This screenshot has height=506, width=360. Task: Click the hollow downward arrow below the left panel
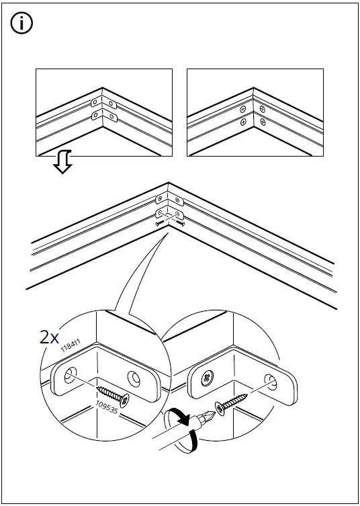pyautogui.click(x=63, y=162)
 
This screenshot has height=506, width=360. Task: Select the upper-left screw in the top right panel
pyautogui.click(x=243, y=108)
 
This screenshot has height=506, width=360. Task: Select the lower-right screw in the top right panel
pyautogui.click(x=263, y=122)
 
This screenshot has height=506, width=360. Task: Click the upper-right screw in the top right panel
pyautogui.click(x=263, y=108)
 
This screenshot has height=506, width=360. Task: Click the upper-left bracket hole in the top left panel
pyautogui.click(x=95, y=104)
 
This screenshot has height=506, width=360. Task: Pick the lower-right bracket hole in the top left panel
pyautogui.click(x=112, y=118)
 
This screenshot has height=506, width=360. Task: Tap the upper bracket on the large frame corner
pyautogui.click(x=169, y=200)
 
